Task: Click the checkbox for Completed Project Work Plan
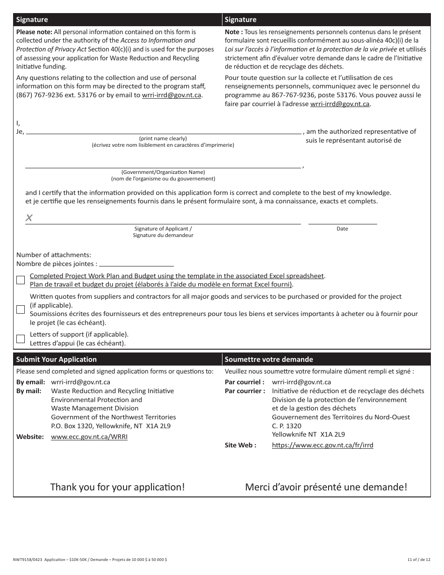pyautogui.click(x=21, y=280)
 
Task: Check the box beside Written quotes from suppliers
pyautogui.click(x=21, y=309)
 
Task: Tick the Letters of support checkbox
pyautogui.click(x=21, y=339)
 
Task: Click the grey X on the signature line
pyautogui.click(x=29, y=218)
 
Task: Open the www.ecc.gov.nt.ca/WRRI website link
pyautogui.click(x=89, y=437)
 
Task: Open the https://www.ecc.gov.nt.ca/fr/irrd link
pyautogui.click(x=322, y=446)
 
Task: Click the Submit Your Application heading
pyautogui.click(x=56, y=359)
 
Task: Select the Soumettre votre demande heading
pyautogui.click(x=269, y=359)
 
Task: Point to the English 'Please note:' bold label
pyautogui.click(x=34, y=32)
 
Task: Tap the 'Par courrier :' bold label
pyautogui.click(x=245, y=391)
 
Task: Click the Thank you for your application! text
pyautogui.click(x=117, y=487)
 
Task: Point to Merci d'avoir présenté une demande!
pyautogui.click(x=326, y=487)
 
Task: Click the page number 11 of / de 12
pyautogui.click(x=419, y=560)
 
